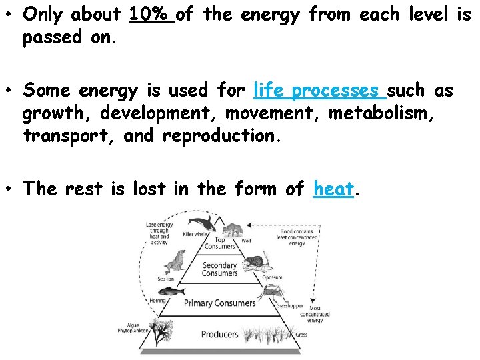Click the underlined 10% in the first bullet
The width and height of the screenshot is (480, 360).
tap(151, 13)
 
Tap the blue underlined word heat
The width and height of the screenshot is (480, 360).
tap(333, 189)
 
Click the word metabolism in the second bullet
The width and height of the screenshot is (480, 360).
tap(383, 113)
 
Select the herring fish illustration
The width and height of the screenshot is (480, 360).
tap(169, 291)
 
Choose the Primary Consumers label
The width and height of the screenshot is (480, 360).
tap(219, 303)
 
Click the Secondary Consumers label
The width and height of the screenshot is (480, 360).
tap(219, 269)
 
